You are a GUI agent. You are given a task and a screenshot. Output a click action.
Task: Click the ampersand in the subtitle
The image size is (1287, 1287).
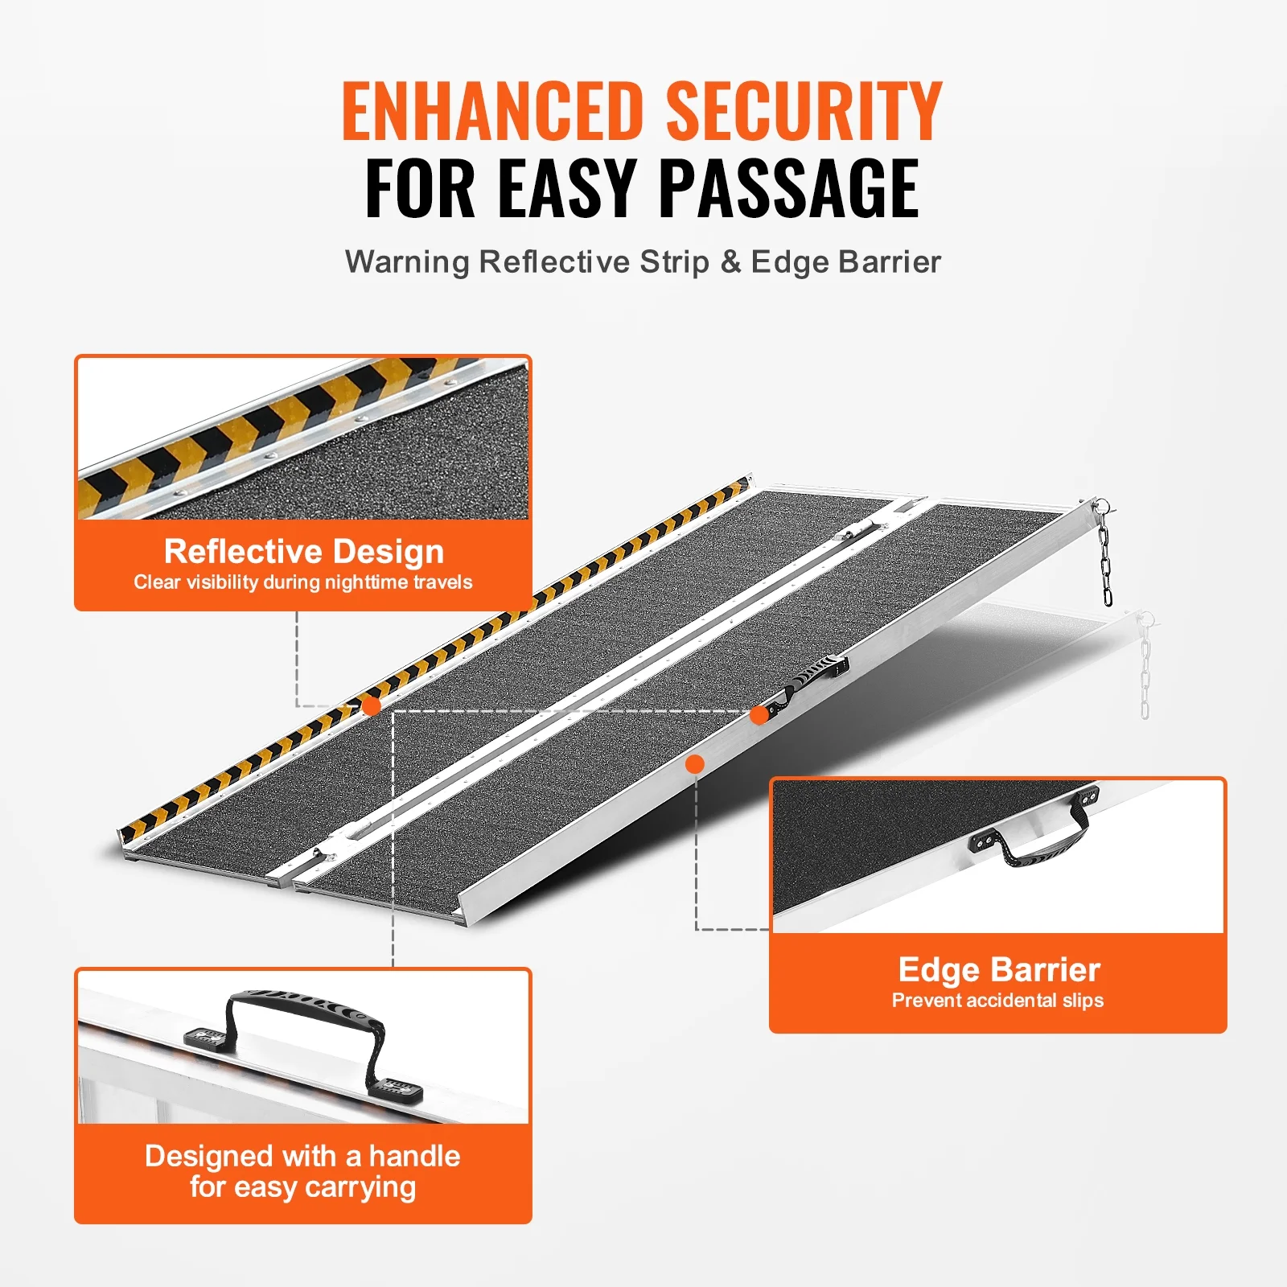point(730,262)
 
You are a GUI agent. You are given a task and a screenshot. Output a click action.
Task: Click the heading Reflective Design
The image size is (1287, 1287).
point(304,552)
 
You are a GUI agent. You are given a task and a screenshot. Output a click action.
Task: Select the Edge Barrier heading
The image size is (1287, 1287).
point(999,970)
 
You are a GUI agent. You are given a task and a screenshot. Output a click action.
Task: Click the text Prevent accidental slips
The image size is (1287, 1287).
point(997,1001)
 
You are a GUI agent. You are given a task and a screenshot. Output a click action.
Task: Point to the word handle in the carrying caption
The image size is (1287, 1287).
point(414,1156)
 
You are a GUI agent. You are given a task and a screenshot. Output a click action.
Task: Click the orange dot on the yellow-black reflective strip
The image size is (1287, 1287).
point(371,706)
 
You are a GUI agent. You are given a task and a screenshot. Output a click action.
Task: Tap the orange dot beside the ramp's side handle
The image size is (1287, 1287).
point(759,715)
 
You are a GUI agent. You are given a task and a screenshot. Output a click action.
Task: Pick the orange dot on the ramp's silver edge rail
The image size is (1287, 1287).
point(695,764)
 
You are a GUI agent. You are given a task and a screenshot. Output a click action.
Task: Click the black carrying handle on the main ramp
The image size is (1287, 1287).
point(812,680)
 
